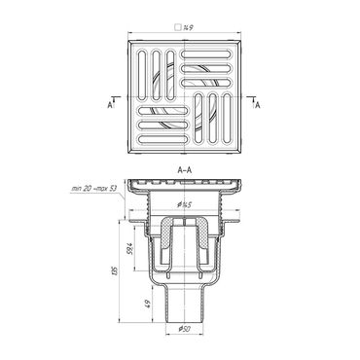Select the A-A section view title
click(x=185, y=168)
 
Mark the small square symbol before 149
click(x=176, y=28)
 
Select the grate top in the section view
click(x=185, y=182)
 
